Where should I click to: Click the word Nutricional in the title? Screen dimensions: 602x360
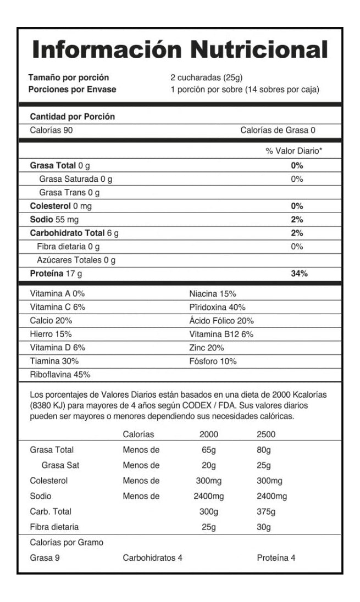(x=259, y=50)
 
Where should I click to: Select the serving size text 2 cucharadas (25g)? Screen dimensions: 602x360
(x=207, y=77)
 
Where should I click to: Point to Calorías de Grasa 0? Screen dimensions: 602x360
(x=278, y=130)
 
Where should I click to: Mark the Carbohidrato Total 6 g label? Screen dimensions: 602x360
(x=74, y=232)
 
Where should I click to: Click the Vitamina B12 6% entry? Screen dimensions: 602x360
(x=221, y=334)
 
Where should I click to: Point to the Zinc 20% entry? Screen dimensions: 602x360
(x=206, y=348)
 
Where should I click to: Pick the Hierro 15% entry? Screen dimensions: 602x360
(x=51, y=334)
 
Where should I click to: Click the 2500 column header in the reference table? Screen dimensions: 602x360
(x=266, y=434)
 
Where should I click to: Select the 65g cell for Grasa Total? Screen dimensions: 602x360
(x=209, y=450)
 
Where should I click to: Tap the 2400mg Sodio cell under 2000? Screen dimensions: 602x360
(x=209, y=496)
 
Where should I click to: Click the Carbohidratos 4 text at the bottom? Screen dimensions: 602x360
(x=152, y=558)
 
